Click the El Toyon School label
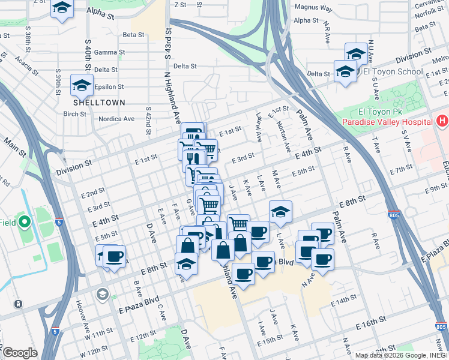(x=393, y=71)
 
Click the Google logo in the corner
(x=20, y=353)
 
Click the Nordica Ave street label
(x=116, y=119)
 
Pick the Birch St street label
(x=74, y=114)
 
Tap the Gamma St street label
(x=109, y=52)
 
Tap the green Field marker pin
(x=25, y=223)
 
